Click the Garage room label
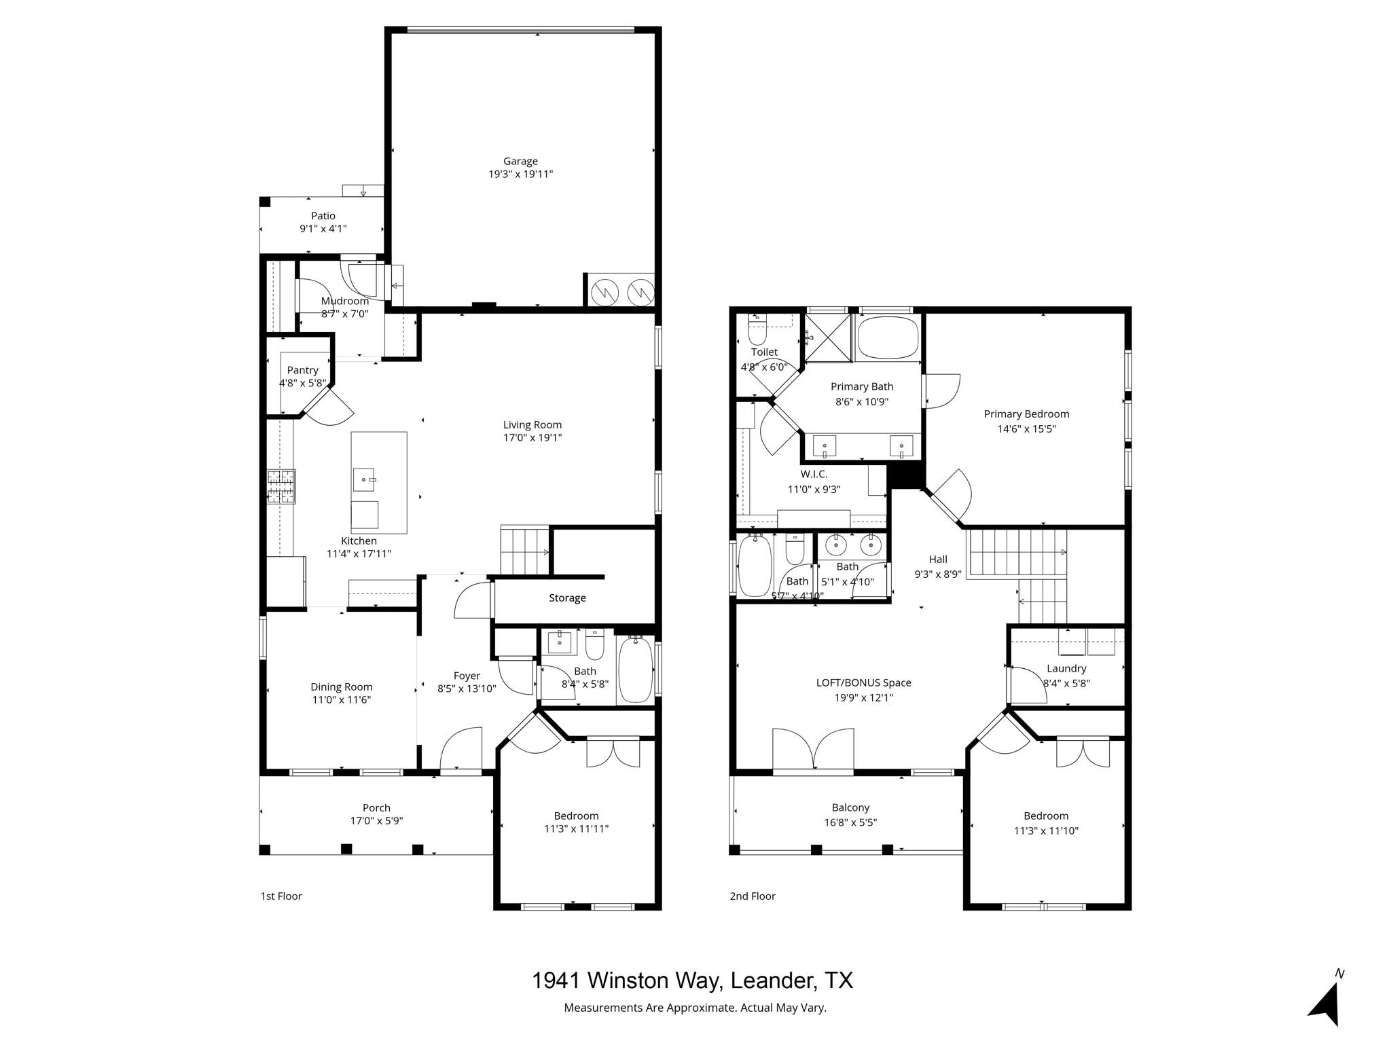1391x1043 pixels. click(520, 161)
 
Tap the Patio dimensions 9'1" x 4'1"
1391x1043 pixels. click(323, 229)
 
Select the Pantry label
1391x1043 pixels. click(302, 370)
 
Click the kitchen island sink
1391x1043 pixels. click(365, 479)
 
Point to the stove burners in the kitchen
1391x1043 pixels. click(281, 487)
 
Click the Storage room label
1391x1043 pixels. click(567, 598)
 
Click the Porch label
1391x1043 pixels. click(376, 808)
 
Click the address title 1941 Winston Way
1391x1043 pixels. click(691, 981)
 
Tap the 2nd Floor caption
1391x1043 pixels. click(753, 896)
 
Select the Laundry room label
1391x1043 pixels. click(1066, 669)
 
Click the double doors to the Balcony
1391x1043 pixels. click(813, 750)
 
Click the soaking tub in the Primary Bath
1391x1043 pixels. click(888, 337)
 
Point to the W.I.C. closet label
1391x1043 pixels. click(814, 475)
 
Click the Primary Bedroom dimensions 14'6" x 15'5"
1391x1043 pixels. click(1026, 429)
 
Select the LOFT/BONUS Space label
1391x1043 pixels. click(863, 683)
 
